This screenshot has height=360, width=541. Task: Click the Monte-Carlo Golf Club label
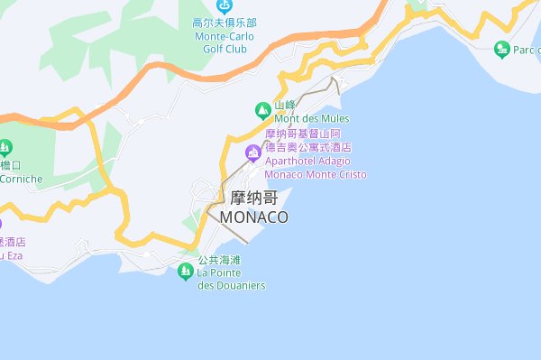click(x=225, y=42)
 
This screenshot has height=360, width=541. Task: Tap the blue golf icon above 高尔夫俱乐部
click(x=225, y=6)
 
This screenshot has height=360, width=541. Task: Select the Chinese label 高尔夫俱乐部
click(x=225, y=23)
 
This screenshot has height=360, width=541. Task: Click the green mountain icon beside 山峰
click(x=263, y=111)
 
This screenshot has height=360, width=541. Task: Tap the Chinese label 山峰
click(x=285, y=105)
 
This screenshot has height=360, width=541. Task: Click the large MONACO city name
click(x=253, y=218)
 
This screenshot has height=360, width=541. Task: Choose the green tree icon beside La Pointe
click(x=186, y=272)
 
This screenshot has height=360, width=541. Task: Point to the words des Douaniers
click(x=231, y=285)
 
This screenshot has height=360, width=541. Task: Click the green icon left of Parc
click(x=502, y=48)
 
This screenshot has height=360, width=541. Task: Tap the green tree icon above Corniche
click(x=6, y=146)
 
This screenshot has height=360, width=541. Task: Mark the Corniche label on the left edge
click(x=20, y=179)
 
